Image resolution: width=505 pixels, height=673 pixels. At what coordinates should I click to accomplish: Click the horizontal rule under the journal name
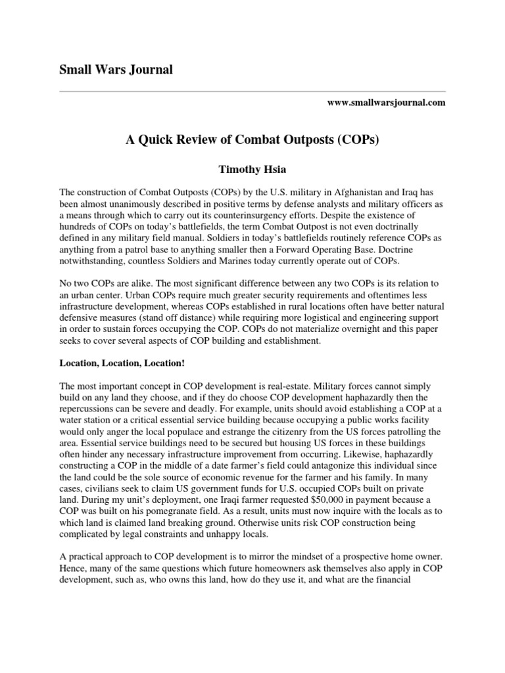pyautogui.click(x=252, y=91)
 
